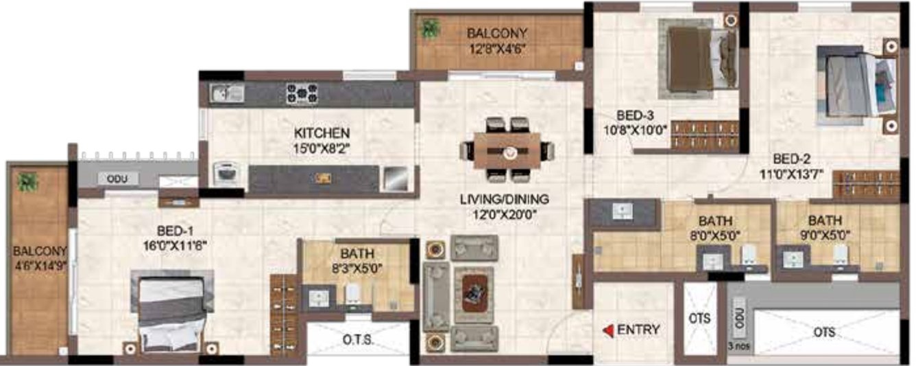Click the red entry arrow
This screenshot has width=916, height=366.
coord(607,330)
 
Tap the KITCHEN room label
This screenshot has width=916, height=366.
coord(322,132)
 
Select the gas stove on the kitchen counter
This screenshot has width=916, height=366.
coord(301,93)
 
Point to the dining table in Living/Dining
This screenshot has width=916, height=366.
coord(507,150)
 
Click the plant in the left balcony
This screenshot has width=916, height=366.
coord(28,182)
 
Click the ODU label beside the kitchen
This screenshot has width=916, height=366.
coord(112,179)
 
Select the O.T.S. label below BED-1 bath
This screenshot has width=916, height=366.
coord(357,340)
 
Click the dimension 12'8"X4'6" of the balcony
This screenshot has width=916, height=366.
coord(496,48)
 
